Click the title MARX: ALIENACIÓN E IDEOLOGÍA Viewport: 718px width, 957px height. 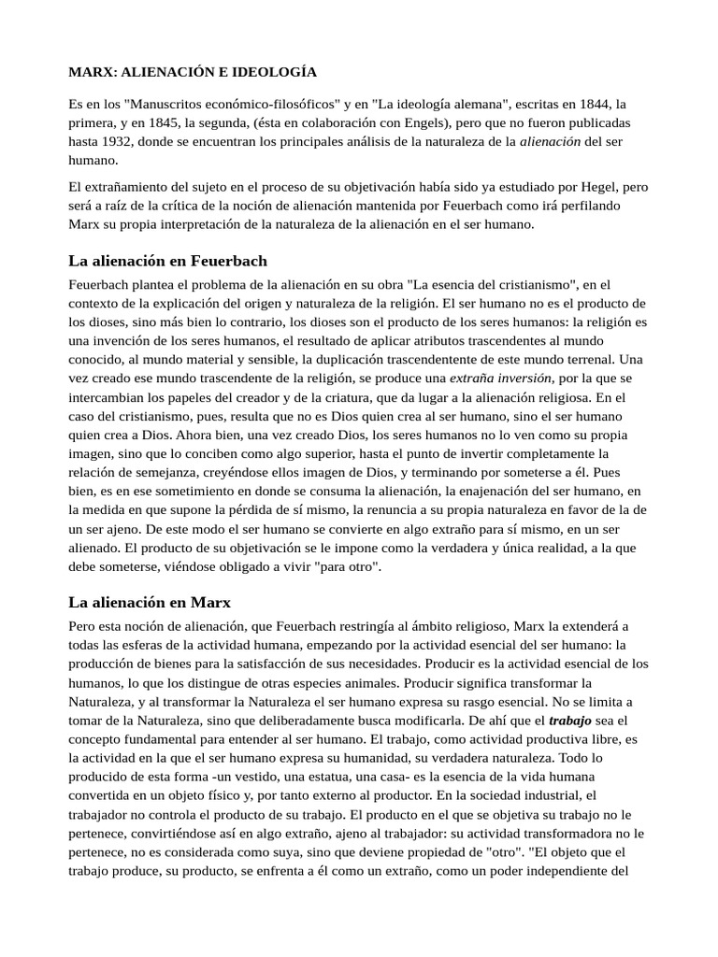point(193,72)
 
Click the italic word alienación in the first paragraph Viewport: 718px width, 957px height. point(550,142)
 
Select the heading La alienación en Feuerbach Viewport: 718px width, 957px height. point(168,260)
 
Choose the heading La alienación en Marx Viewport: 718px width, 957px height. point(150,602)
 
